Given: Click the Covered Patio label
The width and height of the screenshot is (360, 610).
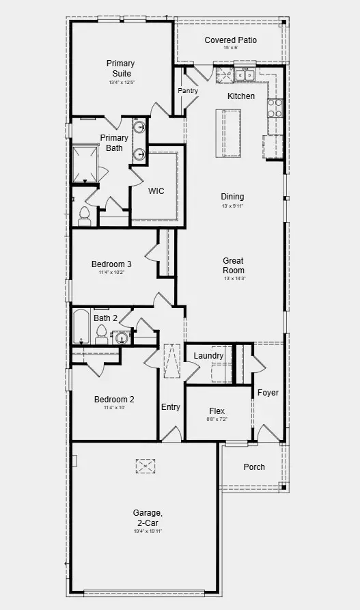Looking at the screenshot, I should [230, 40].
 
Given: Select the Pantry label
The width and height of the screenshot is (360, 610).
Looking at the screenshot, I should [187, 91].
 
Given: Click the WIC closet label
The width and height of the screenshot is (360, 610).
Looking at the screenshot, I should [156, 191].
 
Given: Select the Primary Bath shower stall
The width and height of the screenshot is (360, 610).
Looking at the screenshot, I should [86, 163].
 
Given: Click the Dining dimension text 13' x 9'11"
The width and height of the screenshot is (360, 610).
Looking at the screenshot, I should [232, 206].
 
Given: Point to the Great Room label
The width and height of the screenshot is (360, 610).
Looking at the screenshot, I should [233, 265].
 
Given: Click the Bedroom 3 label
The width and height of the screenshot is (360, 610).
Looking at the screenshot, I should [111, 264].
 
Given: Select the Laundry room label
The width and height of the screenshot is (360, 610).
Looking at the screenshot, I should [208, 356].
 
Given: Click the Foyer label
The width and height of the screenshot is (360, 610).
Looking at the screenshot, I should [267, 393].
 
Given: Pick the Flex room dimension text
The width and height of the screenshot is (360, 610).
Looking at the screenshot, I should [217, 419].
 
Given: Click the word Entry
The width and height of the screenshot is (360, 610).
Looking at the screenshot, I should [171, 407].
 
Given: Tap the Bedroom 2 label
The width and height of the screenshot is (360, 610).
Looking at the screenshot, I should [113, 400].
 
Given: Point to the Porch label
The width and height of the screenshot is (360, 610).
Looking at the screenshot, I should [253, 467].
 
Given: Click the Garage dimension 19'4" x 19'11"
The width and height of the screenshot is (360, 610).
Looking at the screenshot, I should [148, 531].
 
